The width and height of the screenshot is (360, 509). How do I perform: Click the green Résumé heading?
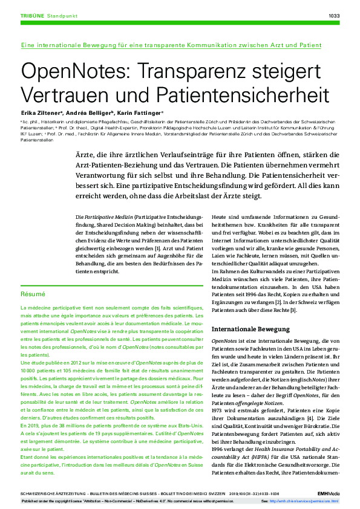(x=33, y=294)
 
